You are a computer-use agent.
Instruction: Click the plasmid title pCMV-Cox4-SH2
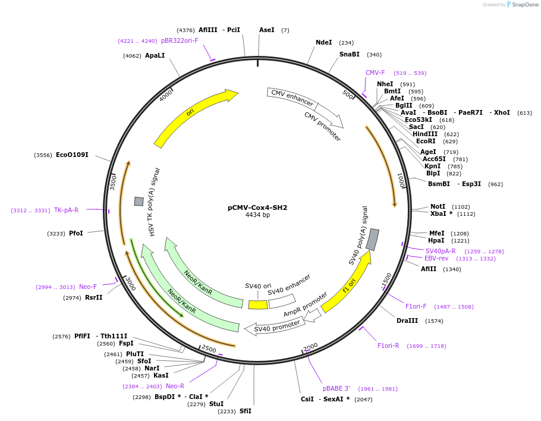pyautogui.click(x=257, y=208)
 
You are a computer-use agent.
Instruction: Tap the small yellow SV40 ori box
pyautogui.click(x=257, y=304)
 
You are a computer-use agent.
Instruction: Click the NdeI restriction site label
pyautogui.click(x=323, y=42)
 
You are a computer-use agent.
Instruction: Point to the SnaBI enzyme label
pyautogui.click(x=349, y=54)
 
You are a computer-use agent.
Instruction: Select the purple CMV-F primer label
pyautogui.click(x=375, y=73)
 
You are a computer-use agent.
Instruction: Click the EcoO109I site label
pyautogui.click(x=72, y=155)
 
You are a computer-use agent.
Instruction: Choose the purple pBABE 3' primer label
pyautogui.click(x=336, y=388)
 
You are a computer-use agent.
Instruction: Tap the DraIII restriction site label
pyautogui.click(x=407, y=321)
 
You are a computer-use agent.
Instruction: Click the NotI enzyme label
pyautogui.click(x=438, y=206)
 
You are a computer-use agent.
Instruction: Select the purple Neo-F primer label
pyautogui.click(x=87, y=287)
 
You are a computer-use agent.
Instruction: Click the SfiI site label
pyautogui.click(x=245, y=411)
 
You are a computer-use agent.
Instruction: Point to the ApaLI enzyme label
pyautogui.click(x=155, y=55)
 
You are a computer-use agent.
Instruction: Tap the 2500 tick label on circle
pyautogui.click(x=209, y=348)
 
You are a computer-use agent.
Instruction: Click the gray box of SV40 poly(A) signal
pyautogui.click(x=372, y=239)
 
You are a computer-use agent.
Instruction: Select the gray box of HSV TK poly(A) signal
pyautogui.click(x=139, y=202)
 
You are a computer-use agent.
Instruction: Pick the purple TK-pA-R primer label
pyautogui.click(x=66, y=210)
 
